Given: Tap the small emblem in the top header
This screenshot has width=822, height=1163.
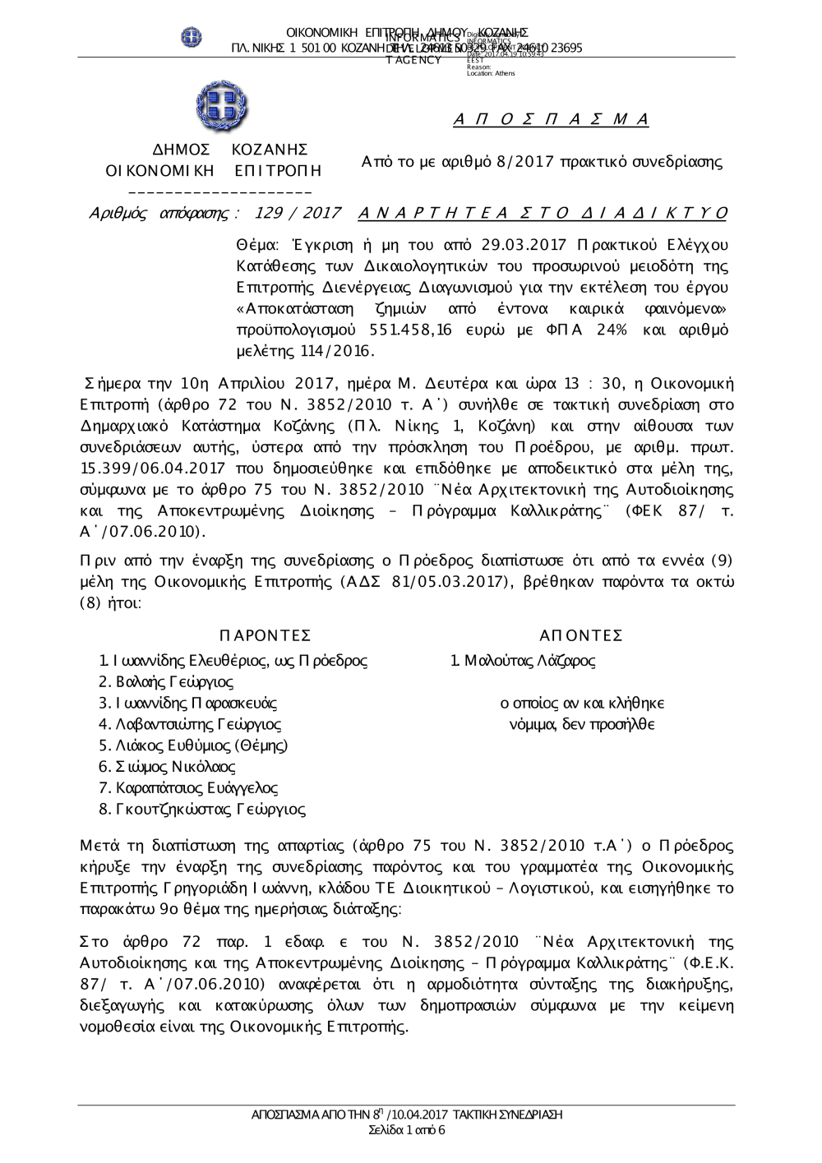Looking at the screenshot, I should click(x=192, y=37).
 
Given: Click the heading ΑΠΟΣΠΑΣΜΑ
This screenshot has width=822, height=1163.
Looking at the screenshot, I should click(x=552, y=120).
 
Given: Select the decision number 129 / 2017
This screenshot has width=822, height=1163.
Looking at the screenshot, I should click(x=298, y=214).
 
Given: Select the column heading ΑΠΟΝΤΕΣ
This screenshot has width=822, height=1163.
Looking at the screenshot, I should click(x=581, y=635).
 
